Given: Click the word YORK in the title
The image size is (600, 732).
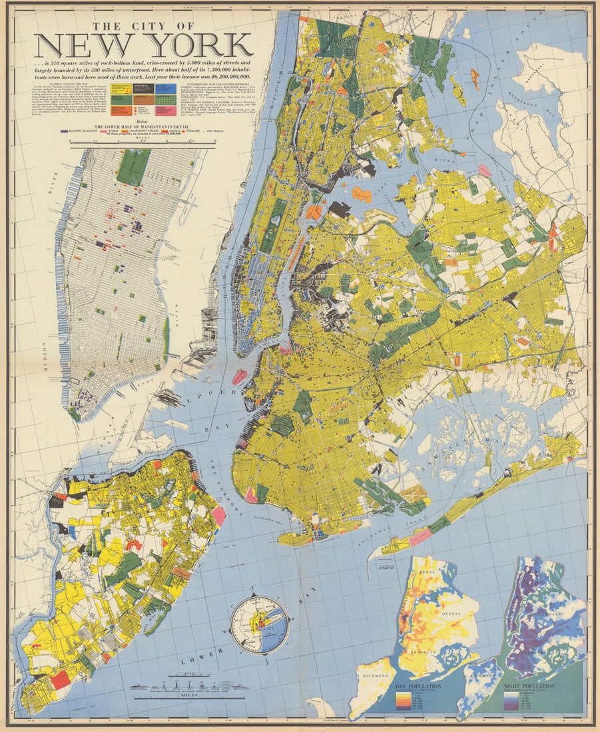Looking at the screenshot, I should coord(197,45).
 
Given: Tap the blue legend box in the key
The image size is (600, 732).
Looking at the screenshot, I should coord(166,88).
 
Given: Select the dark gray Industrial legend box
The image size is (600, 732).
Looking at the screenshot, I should coord(142,88).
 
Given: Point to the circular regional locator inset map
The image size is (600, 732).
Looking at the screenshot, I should coord(258,624).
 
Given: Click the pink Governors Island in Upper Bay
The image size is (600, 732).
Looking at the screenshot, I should coord(239,377).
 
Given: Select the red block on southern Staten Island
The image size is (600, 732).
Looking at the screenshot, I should coord(60,679).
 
